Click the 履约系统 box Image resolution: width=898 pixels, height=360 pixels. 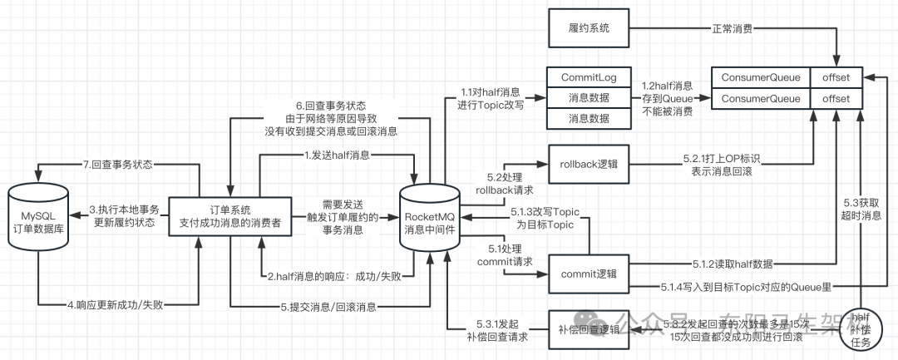click(x=588, y=28)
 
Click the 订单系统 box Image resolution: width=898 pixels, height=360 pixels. click(x=231, y=216)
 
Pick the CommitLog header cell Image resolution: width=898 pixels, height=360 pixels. click(x=587, y=77)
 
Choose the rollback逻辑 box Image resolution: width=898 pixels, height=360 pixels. click(x=587, y=161)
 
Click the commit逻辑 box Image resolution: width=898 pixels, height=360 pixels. click(x=587, y=273)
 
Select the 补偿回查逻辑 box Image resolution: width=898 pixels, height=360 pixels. click(x=587, y=329)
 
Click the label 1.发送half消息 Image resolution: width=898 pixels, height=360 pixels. click(x=337, y=155)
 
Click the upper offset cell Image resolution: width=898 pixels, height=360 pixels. click(x=836, y=77)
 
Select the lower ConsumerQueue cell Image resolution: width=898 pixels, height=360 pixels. click(x=760, y=99)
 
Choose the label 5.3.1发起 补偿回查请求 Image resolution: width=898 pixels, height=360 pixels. click(x=496, y=330)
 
